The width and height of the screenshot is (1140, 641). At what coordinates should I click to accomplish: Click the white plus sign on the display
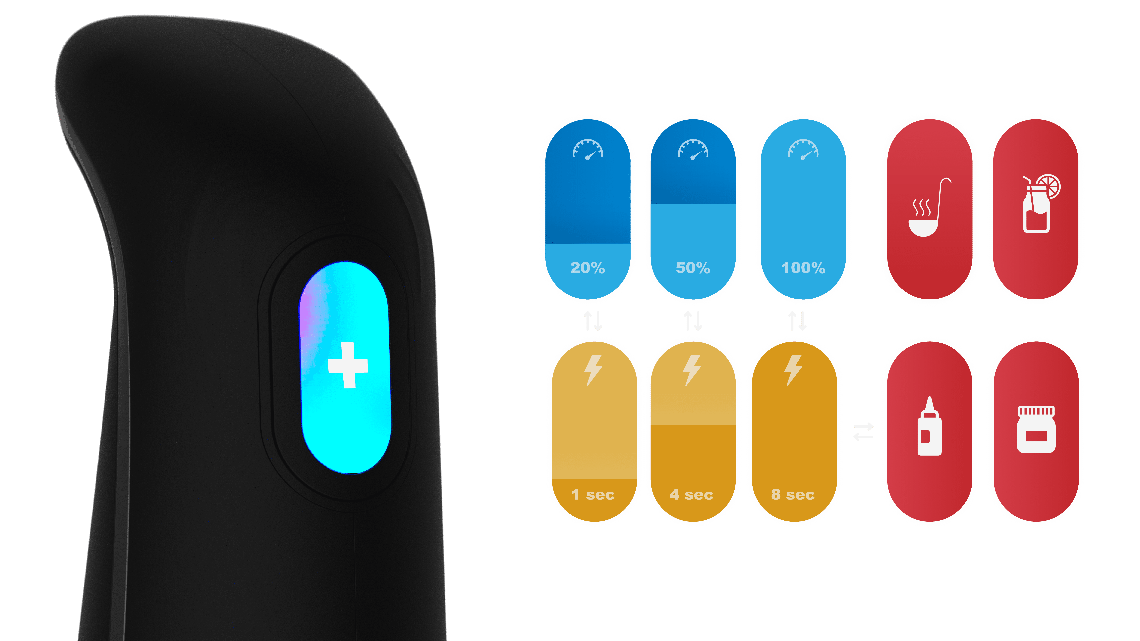point(348,365)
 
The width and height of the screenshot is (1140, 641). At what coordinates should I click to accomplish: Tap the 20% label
point(587,268)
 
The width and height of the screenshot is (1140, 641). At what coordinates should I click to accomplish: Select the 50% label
point(693,268)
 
